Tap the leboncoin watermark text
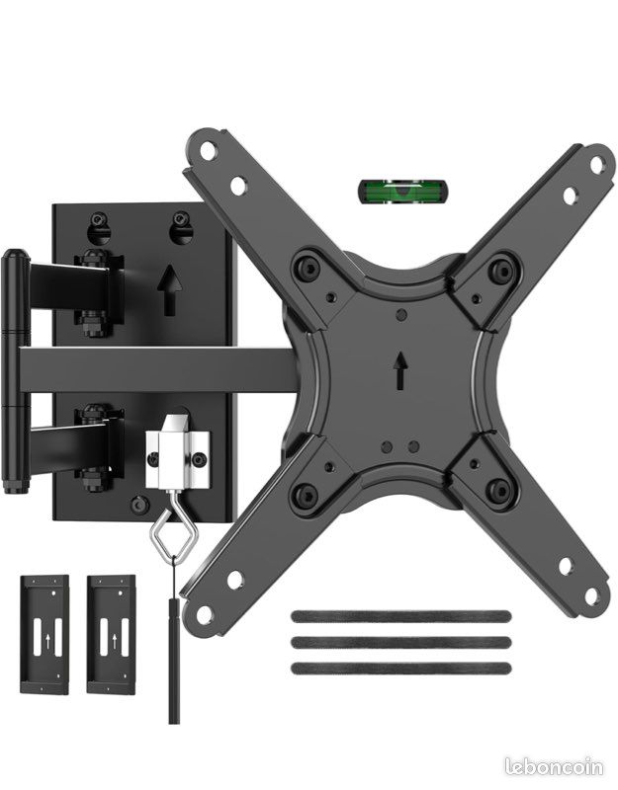point(554,767)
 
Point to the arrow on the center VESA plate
point(401,370)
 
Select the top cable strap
point(401,616)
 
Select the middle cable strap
point(401,642)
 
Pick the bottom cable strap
point(401,669)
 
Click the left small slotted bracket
point(44,634)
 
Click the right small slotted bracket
point(111,634)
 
